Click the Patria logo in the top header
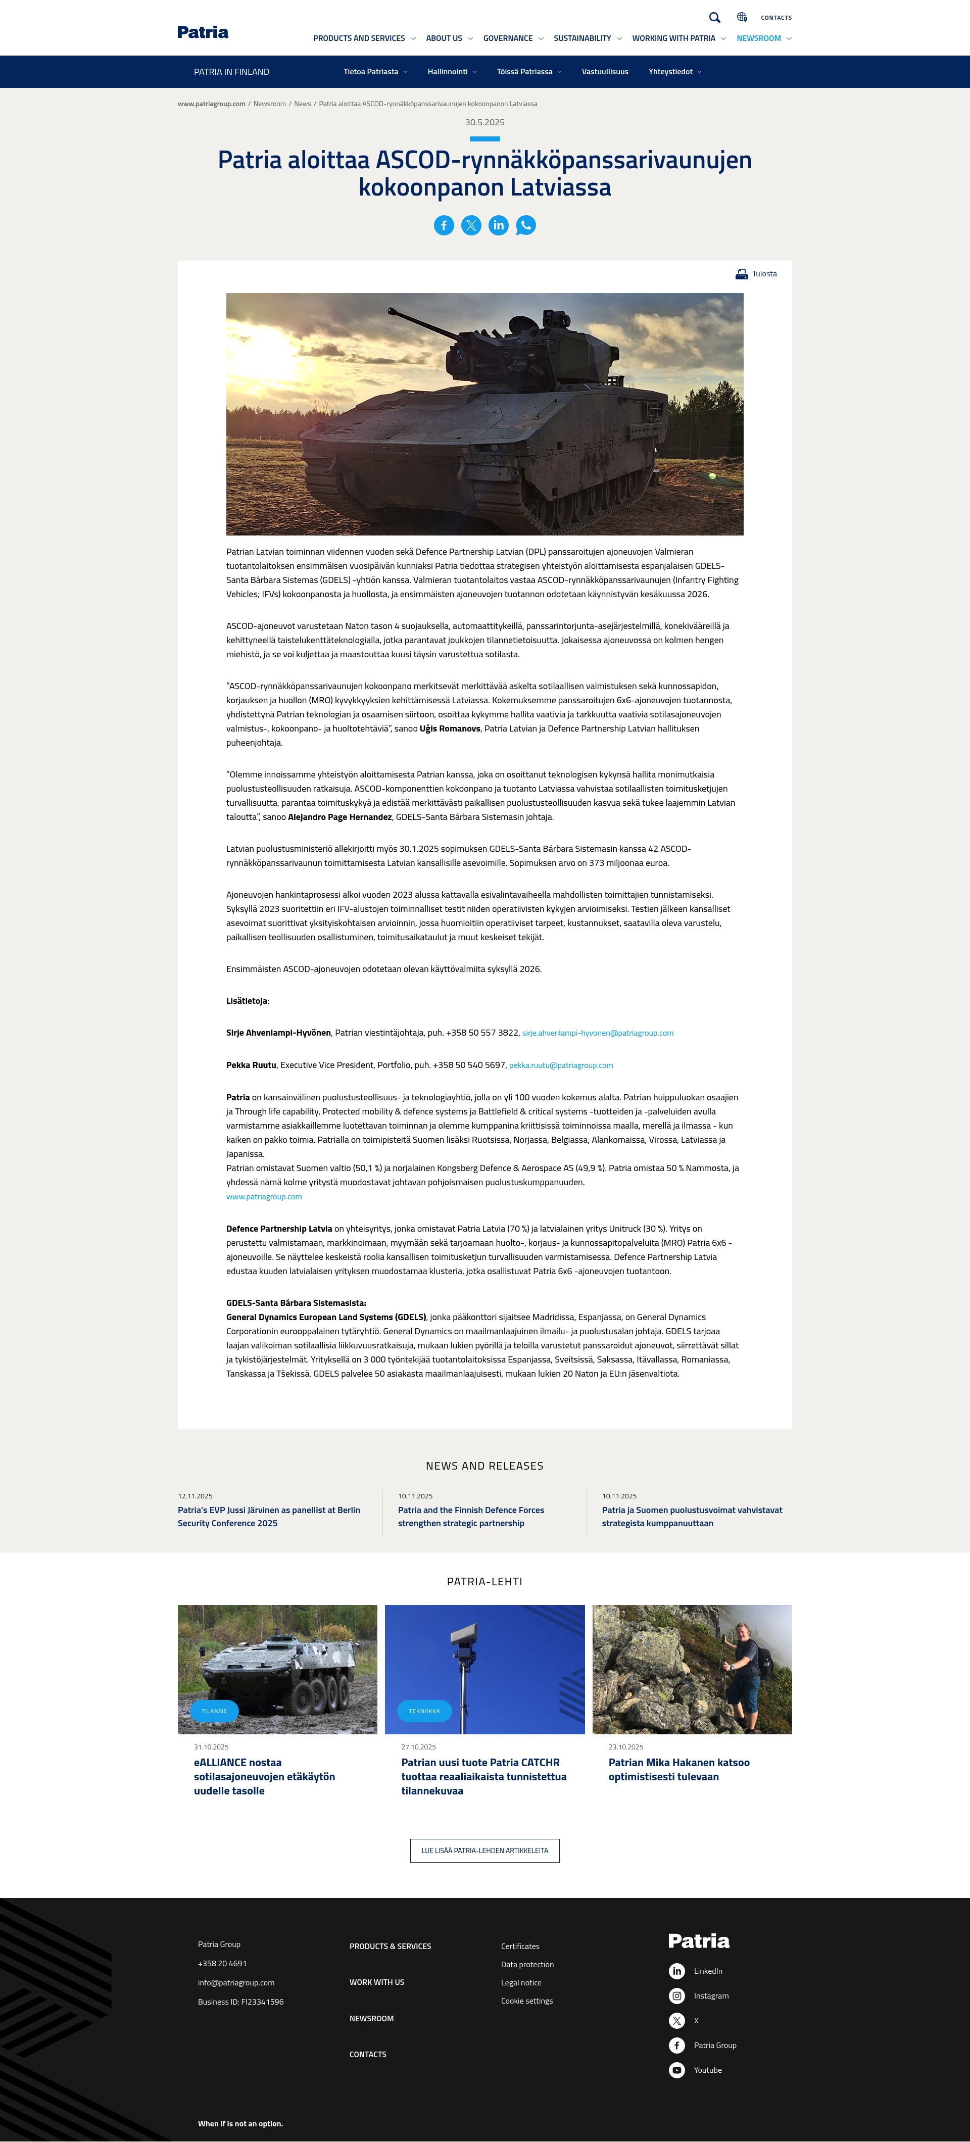coord(203,32)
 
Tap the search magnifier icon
coord(714,18)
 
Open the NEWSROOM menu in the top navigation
coord(759,38)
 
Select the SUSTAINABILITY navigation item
coord(583,38)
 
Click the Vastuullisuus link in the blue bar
coord(605,72)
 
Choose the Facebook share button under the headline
coord(444,225)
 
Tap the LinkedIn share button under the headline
coord(498,225)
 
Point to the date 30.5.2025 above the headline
coord(484,122)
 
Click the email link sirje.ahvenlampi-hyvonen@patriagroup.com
coord(597,1033)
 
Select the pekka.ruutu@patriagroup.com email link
coord(561,1065)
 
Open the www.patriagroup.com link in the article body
coord(264,1197)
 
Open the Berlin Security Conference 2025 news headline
coord(269,1517)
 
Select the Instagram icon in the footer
coord(677,1995)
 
